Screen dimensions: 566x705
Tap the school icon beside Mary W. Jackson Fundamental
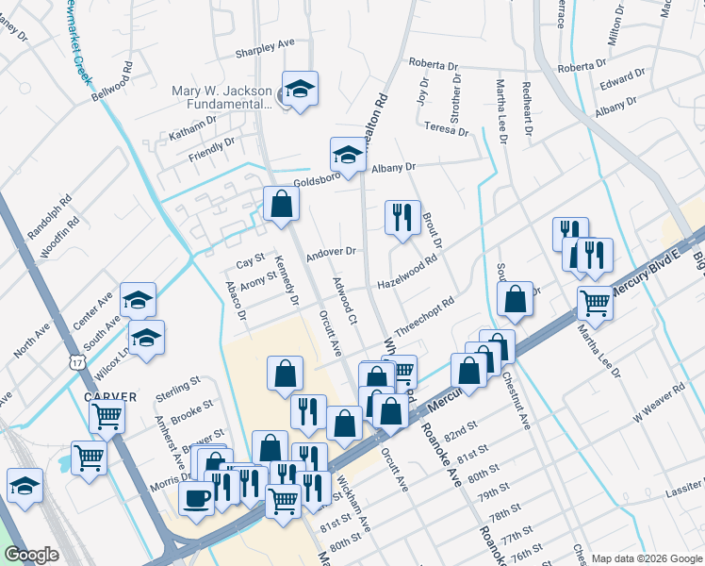300,90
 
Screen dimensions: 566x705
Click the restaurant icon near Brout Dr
401,217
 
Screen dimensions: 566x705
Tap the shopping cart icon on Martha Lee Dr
595,304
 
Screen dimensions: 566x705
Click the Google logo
32,555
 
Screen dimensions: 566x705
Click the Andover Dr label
330,252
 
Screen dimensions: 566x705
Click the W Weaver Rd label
659,402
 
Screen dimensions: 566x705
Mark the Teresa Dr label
446,127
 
